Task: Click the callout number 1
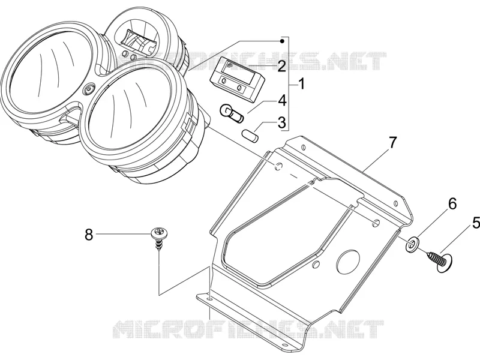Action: click(302, 84)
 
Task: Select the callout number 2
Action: click(281, 67)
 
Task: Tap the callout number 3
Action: click(281, 122)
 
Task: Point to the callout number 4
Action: click(282, 101)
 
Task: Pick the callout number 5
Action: click(476, 223)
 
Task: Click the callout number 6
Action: click(452, 203)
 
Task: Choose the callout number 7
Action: click(392, 143)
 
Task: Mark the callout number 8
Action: click(89, 235)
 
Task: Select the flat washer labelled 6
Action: click(413, 244)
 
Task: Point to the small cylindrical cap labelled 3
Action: click(250, 136)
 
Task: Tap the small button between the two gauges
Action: click(89, 89)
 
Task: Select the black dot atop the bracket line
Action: click(283, 41)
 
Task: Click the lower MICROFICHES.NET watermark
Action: click(248, 329)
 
